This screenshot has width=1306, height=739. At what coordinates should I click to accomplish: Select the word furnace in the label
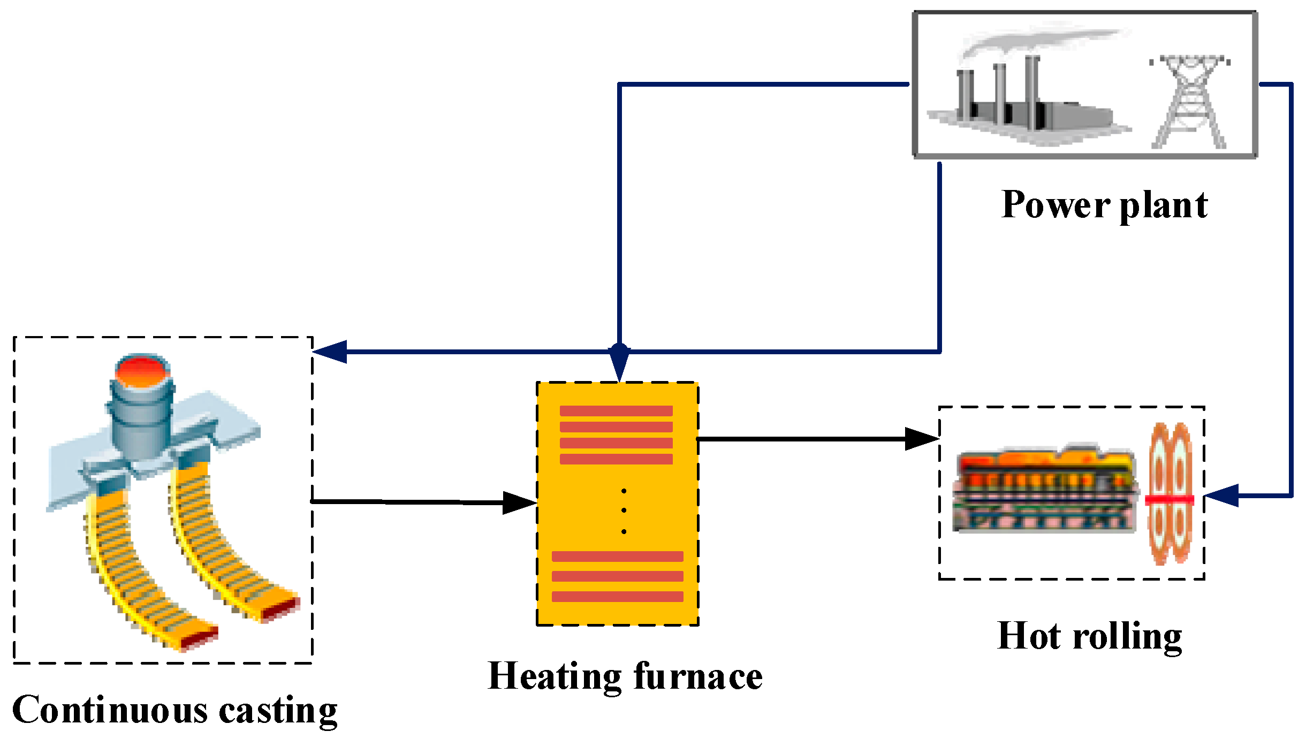pos(698,677)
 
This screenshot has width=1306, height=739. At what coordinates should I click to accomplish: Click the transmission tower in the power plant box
pos(1189,102)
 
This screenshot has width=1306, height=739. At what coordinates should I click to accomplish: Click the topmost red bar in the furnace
pos(616,411)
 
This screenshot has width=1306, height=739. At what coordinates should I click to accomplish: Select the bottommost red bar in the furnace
pos(617,597)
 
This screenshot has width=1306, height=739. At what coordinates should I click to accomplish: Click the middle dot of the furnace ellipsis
pos(624,511)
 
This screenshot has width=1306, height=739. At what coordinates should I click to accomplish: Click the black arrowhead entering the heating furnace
pos(519,503)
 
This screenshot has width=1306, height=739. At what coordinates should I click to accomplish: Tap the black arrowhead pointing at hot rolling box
pos(921,439)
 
